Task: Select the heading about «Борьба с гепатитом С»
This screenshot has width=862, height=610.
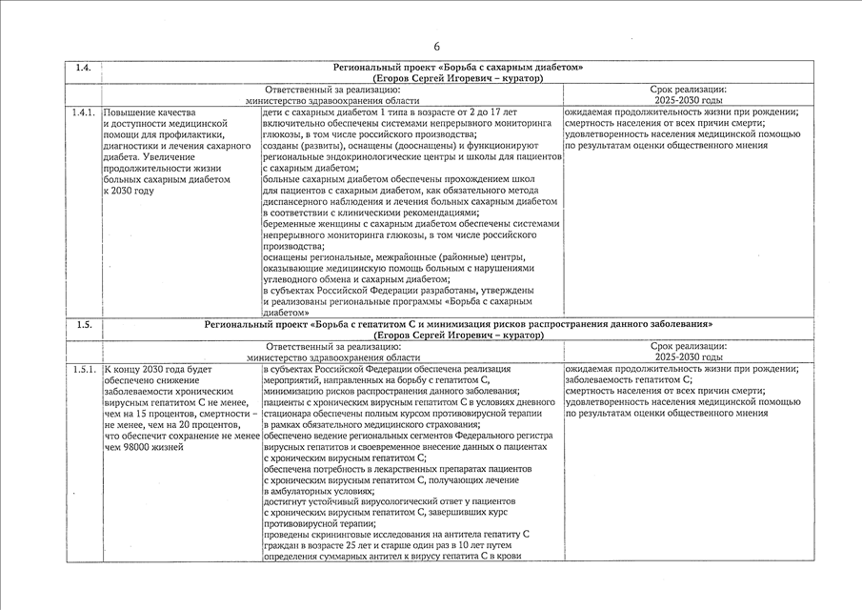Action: (458, 324)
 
